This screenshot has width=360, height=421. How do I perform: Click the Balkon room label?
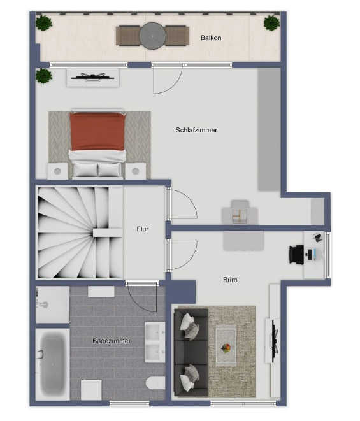[x=210, y=38]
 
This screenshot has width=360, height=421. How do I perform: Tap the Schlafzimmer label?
[x=196, y=130]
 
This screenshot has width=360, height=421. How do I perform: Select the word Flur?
[x=143, y=229]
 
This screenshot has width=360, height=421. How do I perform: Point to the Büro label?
[x=230, y=279]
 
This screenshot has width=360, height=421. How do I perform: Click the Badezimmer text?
[x=112, y=341]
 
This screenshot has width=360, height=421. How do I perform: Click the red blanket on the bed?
[x=97, y=131]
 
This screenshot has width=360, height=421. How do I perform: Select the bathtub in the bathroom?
[x=52, y=364]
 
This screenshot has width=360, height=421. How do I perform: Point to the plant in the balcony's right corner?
[x=271, y=24]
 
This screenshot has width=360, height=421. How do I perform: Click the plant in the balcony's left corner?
[x=43, y=24]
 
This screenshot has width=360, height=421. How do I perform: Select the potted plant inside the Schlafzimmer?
[x=43, y=76]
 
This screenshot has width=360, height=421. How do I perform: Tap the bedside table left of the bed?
[x=57, y=171]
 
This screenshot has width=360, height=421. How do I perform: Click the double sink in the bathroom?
[x=154, y=342]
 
